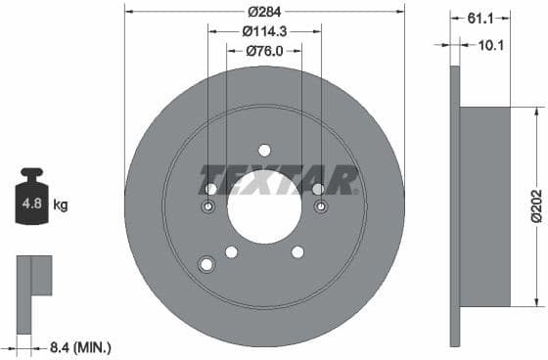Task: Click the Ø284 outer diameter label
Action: (264, 12)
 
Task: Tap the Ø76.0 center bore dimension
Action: (264, 50)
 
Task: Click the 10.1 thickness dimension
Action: (492, 45)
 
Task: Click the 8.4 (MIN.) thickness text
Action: (80, 346)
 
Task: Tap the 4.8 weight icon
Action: (31, 203)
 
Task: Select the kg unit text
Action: (61, 205)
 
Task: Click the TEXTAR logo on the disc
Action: (278, 182)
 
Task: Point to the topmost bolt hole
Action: (264, 150)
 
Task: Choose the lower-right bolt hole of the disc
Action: (297, 252)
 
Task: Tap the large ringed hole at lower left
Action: (206, 264)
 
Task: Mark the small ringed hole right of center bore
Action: (320, 206)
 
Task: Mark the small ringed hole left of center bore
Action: (208, 206)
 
